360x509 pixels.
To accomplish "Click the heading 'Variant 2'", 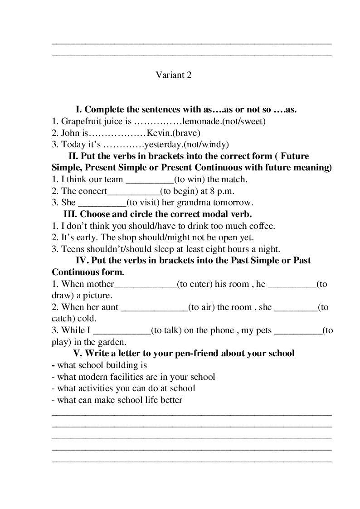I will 174,75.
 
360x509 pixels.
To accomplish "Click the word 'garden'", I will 113,342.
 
